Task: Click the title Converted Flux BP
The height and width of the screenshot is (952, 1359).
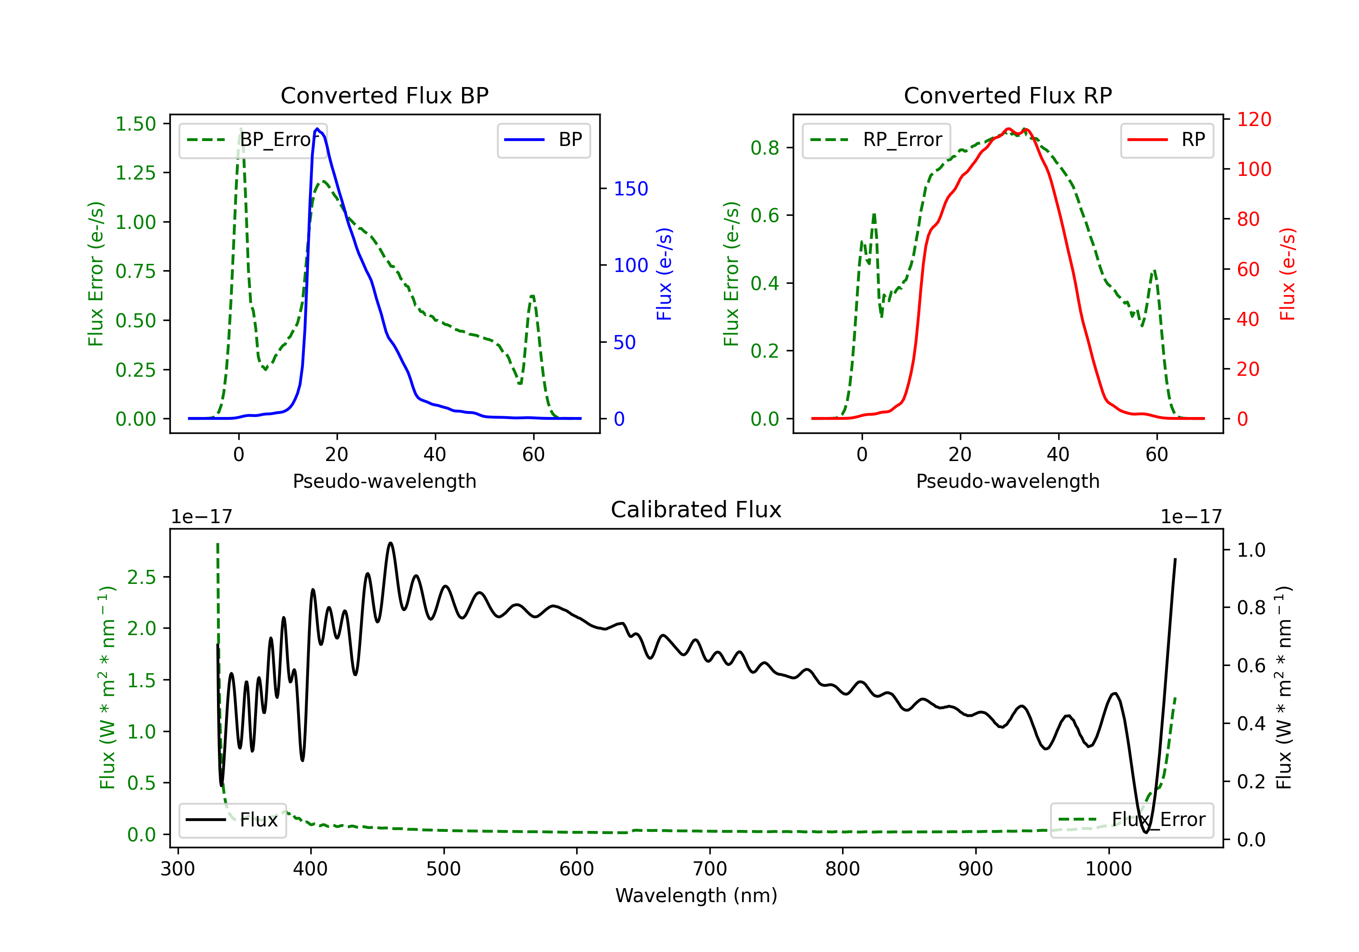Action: [x=384, y=95]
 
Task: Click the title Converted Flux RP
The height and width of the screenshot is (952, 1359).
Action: [x=1007, y=95]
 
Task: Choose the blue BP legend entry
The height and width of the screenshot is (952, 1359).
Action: [x=543, y=140]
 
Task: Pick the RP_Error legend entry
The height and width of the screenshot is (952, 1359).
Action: [x=876, y=140]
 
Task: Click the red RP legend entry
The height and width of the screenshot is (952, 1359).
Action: [x=1166, y=140]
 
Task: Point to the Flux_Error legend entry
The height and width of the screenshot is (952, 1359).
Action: [x=1131, y=820]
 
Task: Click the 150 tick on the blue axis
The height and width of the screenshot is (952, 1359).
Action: [x=631, y=189]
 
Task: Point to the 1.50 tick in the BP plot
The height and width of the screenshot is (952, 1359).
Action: [x=135, y=124]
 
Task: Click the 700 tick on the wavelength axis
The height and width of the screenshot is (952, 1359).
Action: [x=710, y=869]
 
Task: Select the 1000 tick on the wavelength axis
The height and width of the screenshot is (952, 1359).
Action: [x=1108, y=869]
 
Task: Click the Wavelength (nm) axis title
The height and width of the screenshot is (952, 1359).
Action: [x=696, y=895]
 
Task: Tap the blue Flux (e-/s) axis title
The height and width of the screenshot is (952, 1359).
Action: [x=664, y=274]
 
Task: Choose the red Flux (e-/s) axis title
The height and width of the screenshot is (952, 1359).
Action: [x=1287, y=274]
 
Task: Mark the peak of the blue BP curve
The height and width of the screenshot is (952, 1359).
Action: [x=317, y=129]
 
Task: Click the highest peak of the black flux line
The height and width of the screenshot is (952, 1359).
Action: [x=390, y=543]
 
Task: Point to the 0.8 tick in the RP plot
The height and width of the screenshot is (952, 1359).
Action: [x=765, y=147]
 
